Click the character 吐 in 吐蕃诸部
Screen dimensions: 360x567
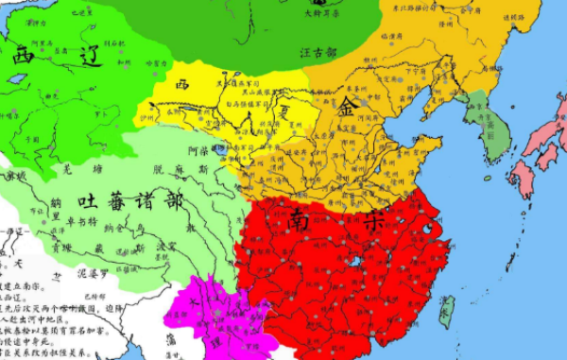(87, 201)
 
